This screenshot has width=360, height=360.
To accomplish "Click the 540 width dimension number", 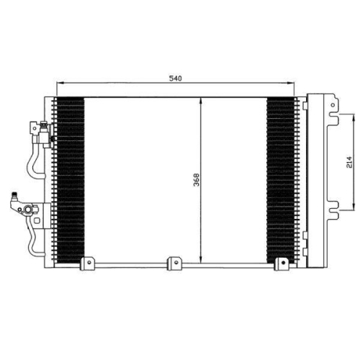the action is [x=176, y=78].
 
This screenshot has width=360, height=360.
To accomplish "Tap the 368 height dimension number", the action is [x=197, y=180].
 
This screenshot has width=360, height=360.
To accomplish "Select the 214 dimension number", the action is [x=349, y=162].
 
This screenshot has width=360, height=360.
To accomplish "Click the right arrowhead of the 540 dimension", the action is [x=291, y=83].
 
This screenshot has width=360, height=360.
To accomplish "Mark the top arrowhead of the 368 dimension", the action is [x=201, y=101].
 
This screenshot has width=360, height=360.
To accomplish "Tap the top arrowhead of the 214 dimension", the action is [x=354, y=117].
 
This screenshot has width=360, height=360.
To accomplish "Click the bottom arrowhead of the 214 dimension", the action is [x=354, y=207].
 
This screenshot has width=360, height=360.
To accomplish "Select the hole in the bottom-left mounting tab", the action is [x=89, y=263].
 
